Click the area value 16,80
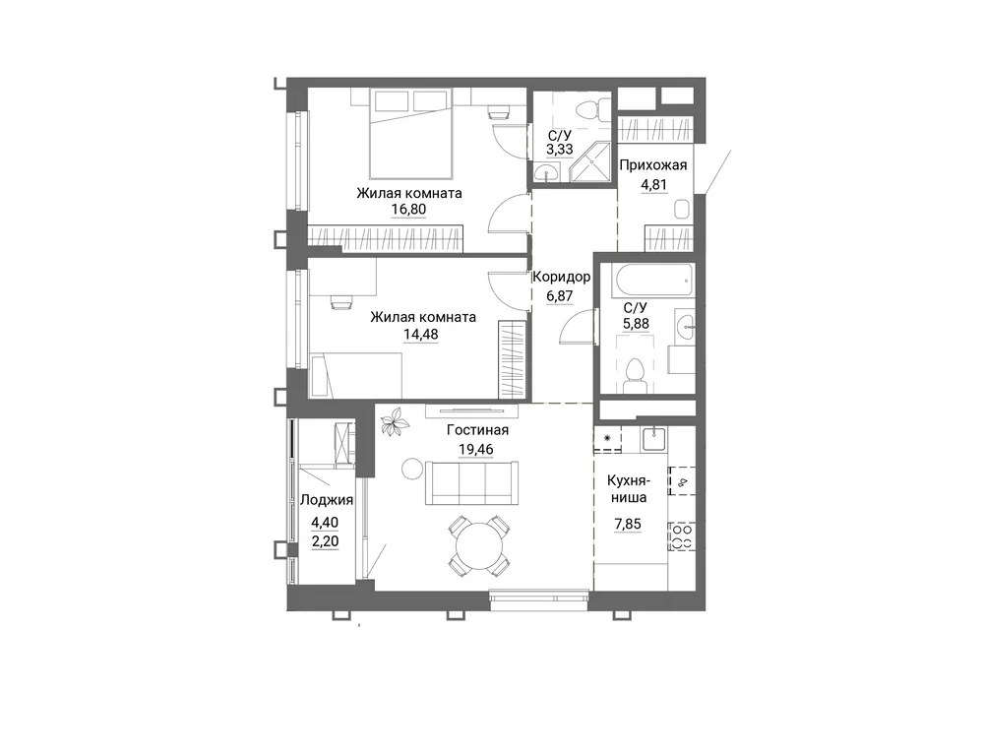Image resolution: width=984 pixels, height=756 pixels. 408,209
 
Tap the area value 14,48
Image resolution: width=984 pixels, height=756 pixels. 420,334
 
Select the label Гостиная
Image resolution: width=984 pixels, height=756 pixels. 477,430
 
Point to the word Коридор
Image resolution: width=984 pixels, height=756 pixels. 561,277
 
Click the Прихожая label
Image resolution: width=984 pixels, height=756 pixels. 652,165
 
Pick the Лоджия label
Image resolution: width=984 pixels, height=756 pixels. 327,500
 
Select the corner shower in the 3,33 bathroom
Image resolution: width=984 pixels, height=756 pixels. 590,162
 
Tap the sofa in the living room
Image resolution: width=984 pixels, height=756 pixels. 472,483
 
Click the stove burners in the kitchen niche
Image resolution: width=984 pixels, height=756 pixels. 682,536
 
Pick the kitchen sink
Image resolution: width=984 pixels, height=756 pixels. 654,438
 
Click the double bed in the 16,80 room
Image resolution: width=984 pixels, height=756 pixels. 411,133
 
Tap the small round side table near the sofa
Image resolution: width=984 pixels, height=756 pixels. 413,469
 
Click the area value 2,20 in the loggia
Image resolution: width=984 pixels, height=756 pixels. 325,541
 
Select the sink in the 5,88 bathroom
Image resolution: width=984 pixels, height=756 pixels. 685,325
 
